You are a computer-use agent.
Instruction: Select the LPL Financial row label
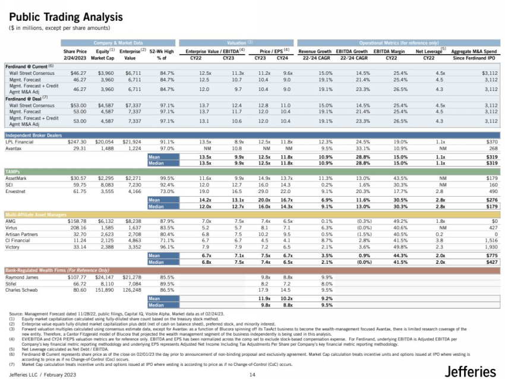point(20,143)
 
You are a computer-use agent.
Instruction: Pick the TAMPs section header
point(13,171)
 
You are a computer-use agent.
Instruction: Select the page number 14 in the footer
point(252,374)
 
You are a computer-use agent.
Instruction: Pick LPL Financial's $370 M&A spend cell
point(491,143)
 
